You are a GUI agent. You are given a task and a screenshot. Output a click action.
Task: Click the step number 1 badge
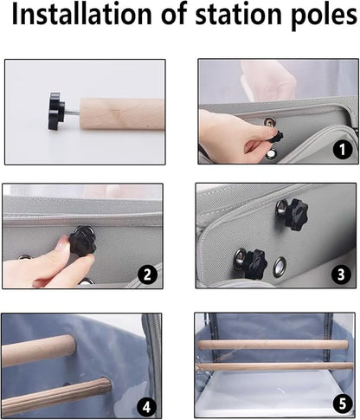point(342,149)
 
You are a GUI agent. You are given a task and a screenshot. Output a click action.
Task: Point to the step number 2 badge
point(147,275)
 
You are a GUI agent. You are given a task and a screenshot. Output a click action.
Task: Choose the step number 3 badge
point(341,275)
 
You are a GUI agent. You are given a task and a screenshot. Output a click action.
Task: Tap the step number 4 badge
point(146,407)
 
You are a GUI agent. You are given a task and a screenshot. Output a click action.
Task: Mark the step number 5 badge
point(342,404)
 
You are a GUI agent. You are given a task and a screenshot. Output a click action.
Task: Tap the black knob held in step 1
point(276,136)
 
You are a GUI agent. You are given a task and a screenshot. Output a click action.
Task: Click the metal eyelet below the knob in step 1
point(271,154)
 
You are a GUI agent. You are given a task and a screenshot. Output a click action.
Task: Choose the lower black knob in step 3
point(255,264)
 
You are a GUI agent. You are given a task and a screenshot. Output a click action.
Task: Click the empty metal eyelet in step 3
point(280,267)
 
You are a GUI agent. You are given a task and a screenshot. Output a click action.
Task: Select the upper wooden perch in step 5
point(273,345)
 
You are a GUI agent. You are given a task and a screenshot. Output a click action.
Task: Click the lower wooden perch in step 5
point(274,366)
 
